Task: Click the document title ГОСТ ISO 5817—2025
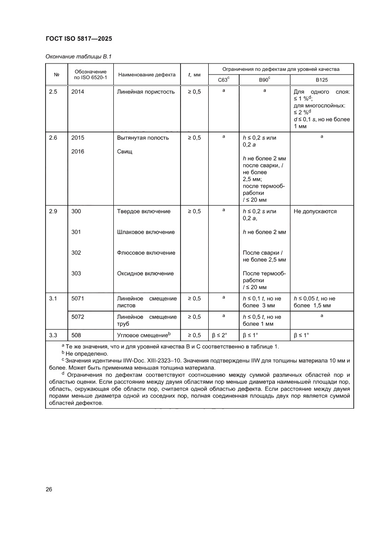point(79,39)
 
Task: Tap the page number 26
point(49,489)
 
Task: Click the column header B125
point(322,80)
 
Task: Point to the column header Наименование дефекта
point(147,75)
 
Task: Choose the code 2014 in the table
point(78,92)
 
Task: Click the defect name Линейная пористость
point(146,92)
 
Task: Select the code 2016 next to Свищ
point(78,151)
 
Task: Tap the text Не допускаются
point(315,211)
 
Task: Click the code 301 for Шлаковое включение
point(76,232)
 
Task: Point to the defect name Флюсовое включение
point(146,253)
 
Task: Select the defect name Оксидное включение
point(146,273)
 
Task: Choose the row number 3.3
point(53,335)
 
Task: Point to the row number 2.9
point(53,211)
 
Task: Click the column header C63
point(223,80)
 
